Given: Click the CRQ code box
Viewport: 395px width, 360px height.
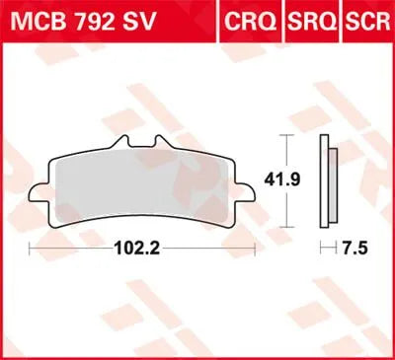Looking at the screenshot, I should click(252, 21).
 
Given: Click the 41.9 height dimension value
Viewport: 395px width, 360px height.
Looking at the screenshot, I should click(300, 180).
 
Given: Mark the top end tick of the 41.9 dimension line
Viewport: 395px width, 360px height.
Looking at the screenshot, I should click(285, 133).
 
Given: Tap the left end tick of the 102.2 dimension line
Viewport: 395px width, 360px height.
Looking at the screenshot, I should click(30, 246).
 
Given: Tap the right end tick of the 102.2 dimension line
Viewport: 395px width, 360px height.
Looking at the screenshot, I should click(256, 246).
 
